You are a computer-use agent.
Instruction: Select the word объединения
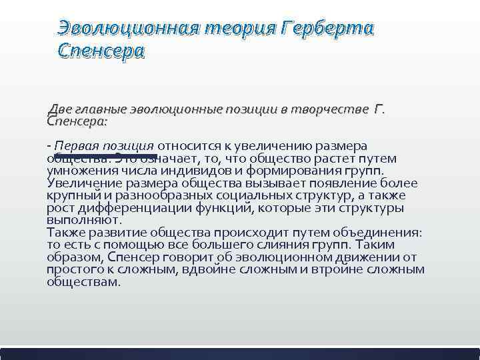(x=381, y=232)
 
